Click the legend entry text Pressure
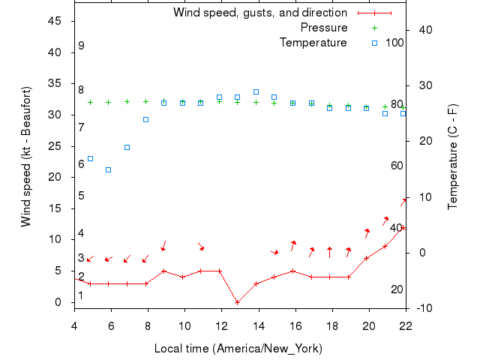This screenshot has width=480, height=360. point(323,28)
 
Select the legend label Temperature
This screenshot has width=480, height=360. point(313,43)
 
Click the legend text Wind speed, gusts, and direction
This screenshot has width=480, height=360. point(259,13)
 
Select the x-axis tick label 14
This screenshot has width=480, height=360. point(258,325)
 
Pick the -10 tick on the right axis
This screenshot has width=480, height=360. point(424,308)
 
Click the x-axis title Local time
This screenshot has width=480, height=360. point(238,349)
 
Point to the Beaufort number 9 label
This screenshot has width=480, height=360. point(81,46)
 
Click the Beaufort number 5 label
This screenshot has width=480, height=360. point(81,196)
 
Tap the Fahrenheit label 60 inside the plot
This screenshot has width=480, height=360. point(397,165)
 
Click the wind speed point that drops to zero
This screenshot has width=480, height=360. point(237,302)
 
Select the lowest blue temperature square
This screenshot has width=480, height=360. point(109,169)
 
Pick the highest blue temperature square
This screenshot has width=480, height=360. point(256,91)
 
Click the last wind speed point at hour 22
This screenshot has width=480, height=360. point(403,227)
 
